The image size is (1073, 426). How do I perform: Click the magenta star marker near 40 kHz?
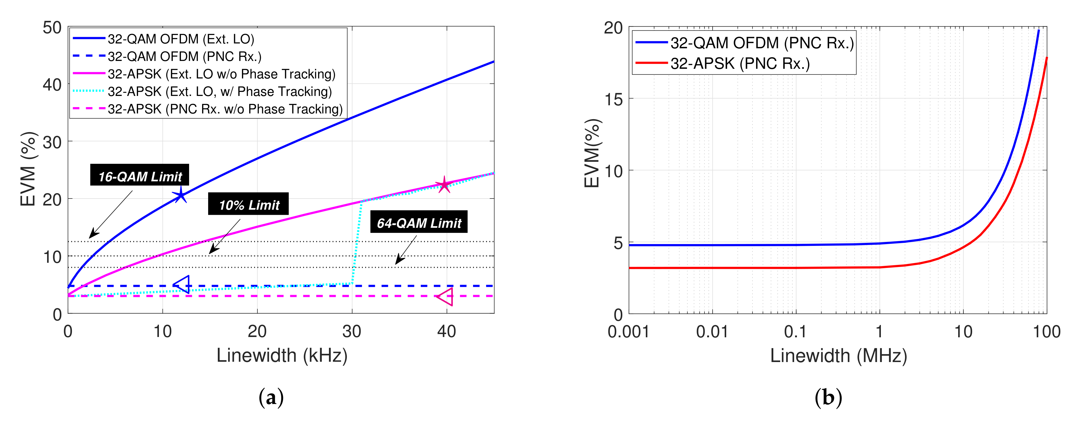click(444, 184)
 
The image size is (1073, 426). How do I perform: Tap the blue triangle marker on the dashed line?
click(182, 285)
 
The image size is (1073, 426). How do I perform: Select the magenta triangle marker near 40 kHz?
click(446, 297)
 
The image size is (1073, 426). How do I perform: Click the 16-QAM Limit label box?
click(140, 175)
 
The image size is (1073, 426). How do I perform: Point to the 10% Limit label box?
click(248, 204)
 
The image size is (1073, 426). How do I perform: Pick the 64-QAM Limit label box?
click(419, 222)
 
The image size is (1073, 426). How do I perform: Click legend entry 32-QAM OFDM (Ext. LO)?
click(181, 39)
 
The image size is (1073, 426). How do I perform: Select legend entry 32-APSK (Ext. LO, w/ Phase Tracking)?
click(220, 91)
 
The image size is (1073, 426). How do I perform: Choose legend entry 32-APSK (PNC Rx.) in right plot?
click(740, 64)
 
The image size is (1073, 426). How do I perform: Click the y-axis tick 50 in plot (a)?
click(52, 28)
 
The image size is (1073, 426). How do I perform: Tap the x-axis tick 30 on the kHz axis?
click(352, 332)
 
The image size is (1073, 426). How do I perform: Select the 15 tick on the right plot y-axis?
click(613, 99)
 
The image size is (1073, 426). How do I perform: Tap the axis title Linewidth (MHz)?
click(838, 356)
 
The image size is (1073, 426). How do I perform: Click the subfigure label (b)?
click(828, 397)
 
